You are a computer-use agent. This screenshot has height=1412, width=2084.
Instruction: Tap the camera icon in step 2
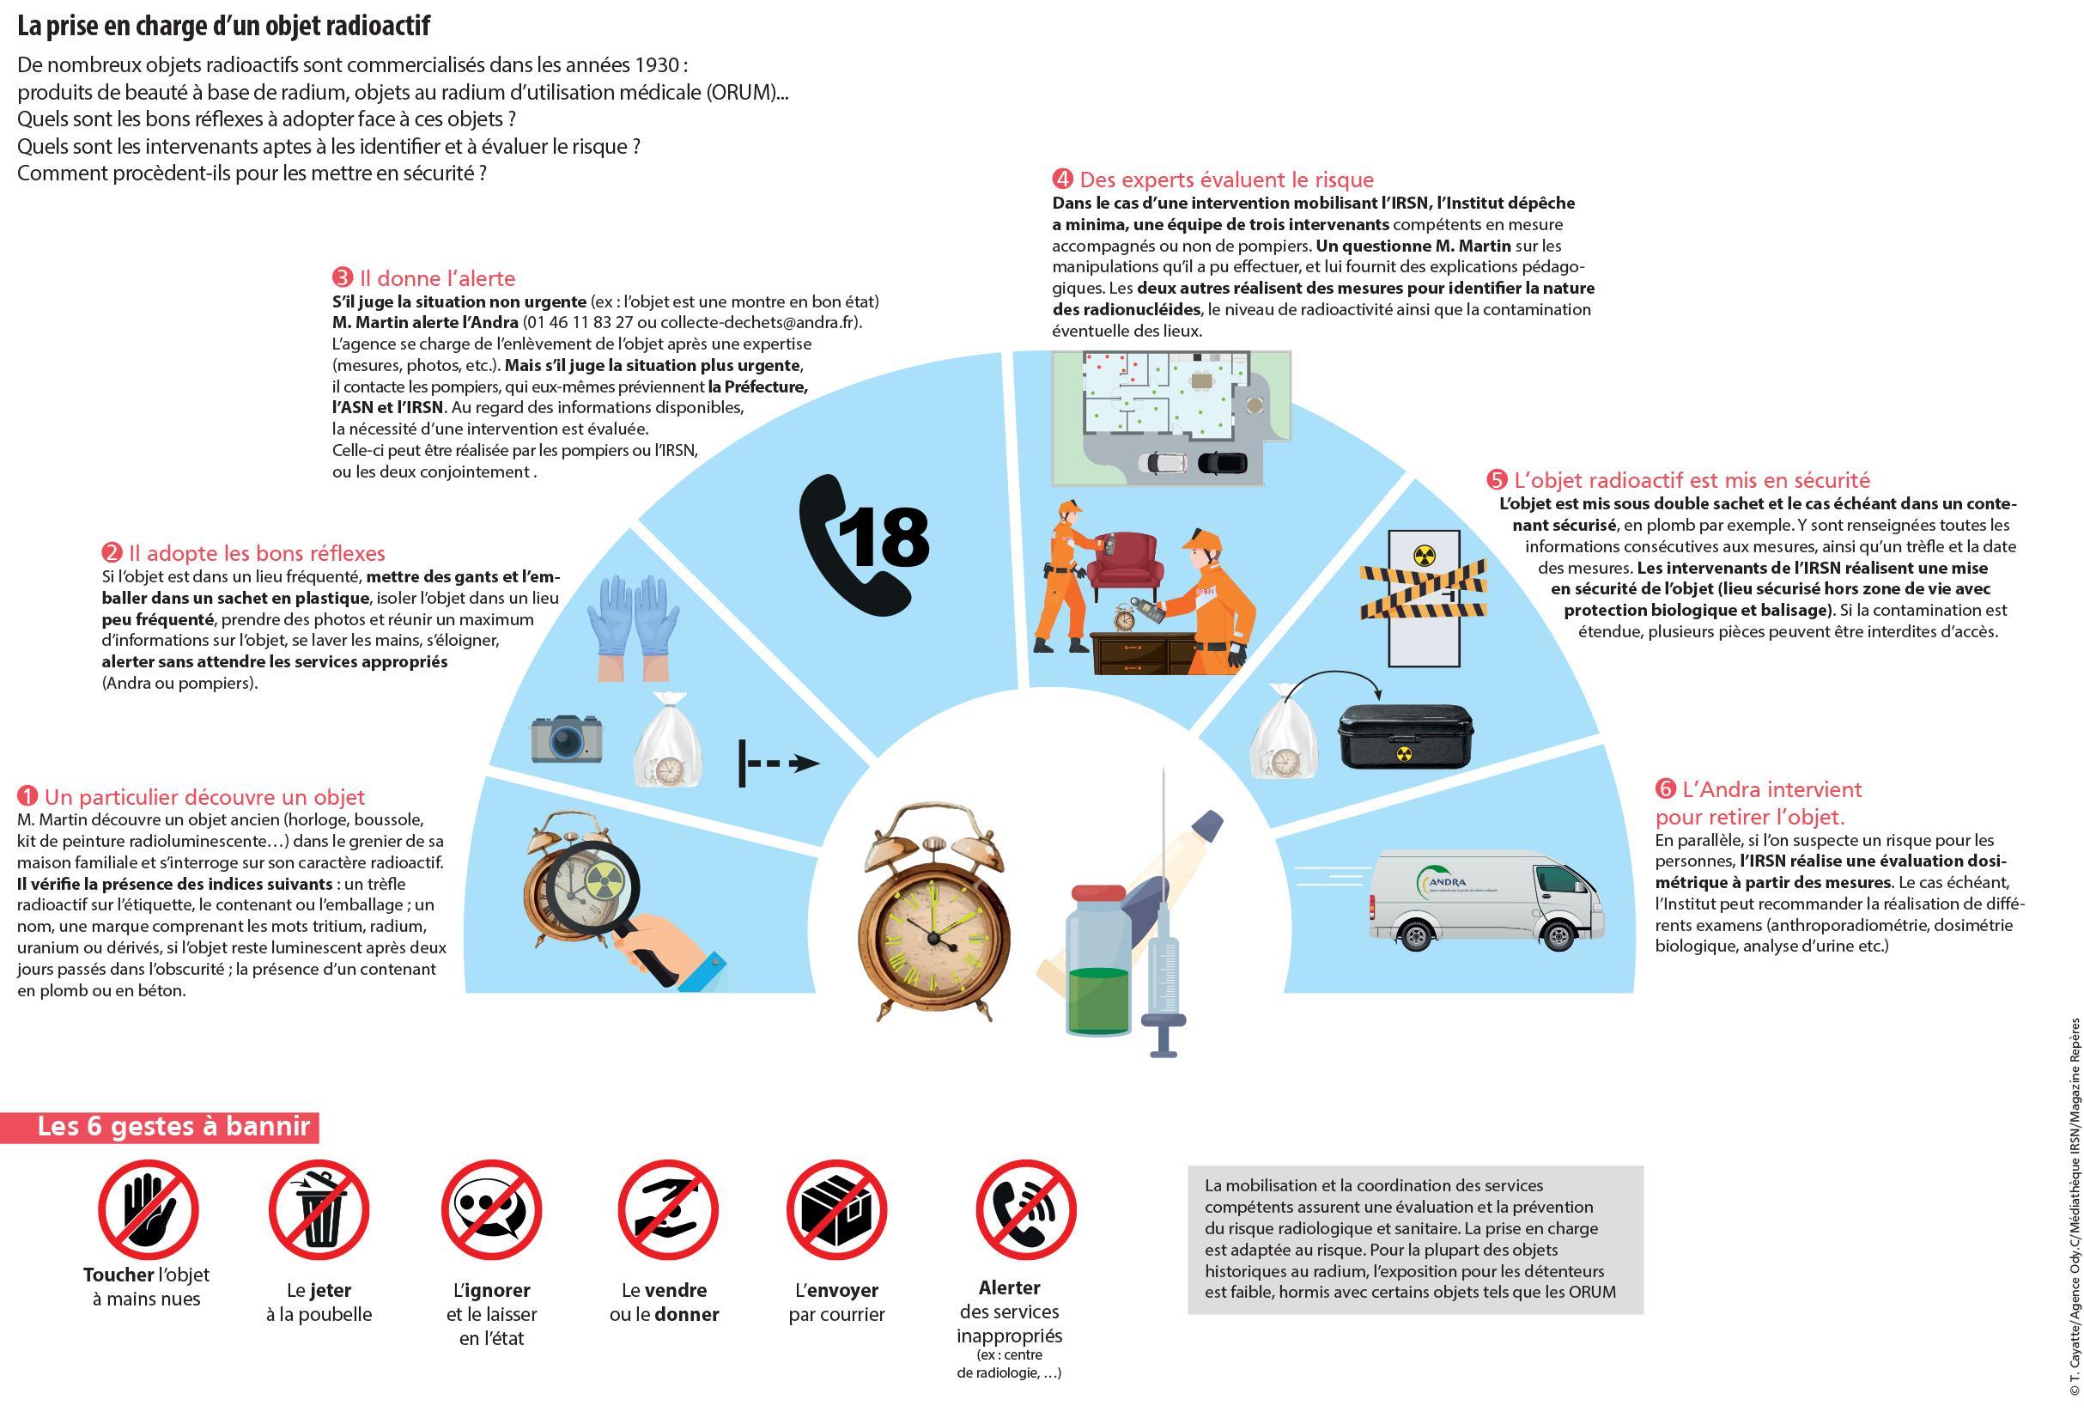tap(566, 739)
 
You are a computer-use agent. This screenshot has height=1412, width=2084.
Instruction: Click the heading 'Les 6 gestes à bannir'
tap(174, 1127)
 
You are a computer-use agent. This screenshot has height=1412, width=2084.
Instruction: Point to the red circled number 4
tap(1063, 179)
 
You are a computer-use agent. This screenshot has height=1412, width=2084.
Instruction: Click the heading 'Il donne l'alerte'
tap(437, 278)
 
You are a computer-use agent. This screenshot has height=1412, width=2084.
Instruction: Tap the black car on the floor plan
tap(1221, 463)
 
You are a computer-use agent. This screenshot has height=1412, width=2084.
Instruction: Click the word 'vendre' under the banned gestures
tap(675, 1290)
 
